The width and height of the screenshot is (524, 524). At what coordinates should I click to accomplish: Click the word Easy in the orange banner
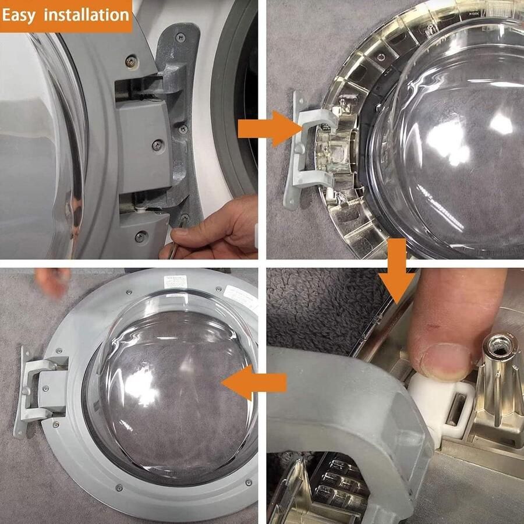click(x=22, y=15)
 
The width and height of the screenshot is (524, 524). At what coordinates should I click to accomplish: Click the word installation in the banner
click(x=87, y=15)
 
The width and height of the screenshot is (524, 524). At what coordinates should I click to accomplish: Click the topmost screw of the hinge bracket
click(x=179, y=38)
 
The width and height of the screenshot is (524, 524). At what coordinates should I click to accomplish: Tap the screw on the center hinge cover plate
click(x=157, y=144)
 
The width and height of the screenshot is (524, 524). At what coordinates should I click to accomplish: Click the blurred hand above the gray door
click(x=52, y=282)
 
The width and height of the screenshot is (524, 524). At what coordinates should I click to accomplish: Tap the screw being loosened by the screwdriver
click(x=185, y=218)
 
